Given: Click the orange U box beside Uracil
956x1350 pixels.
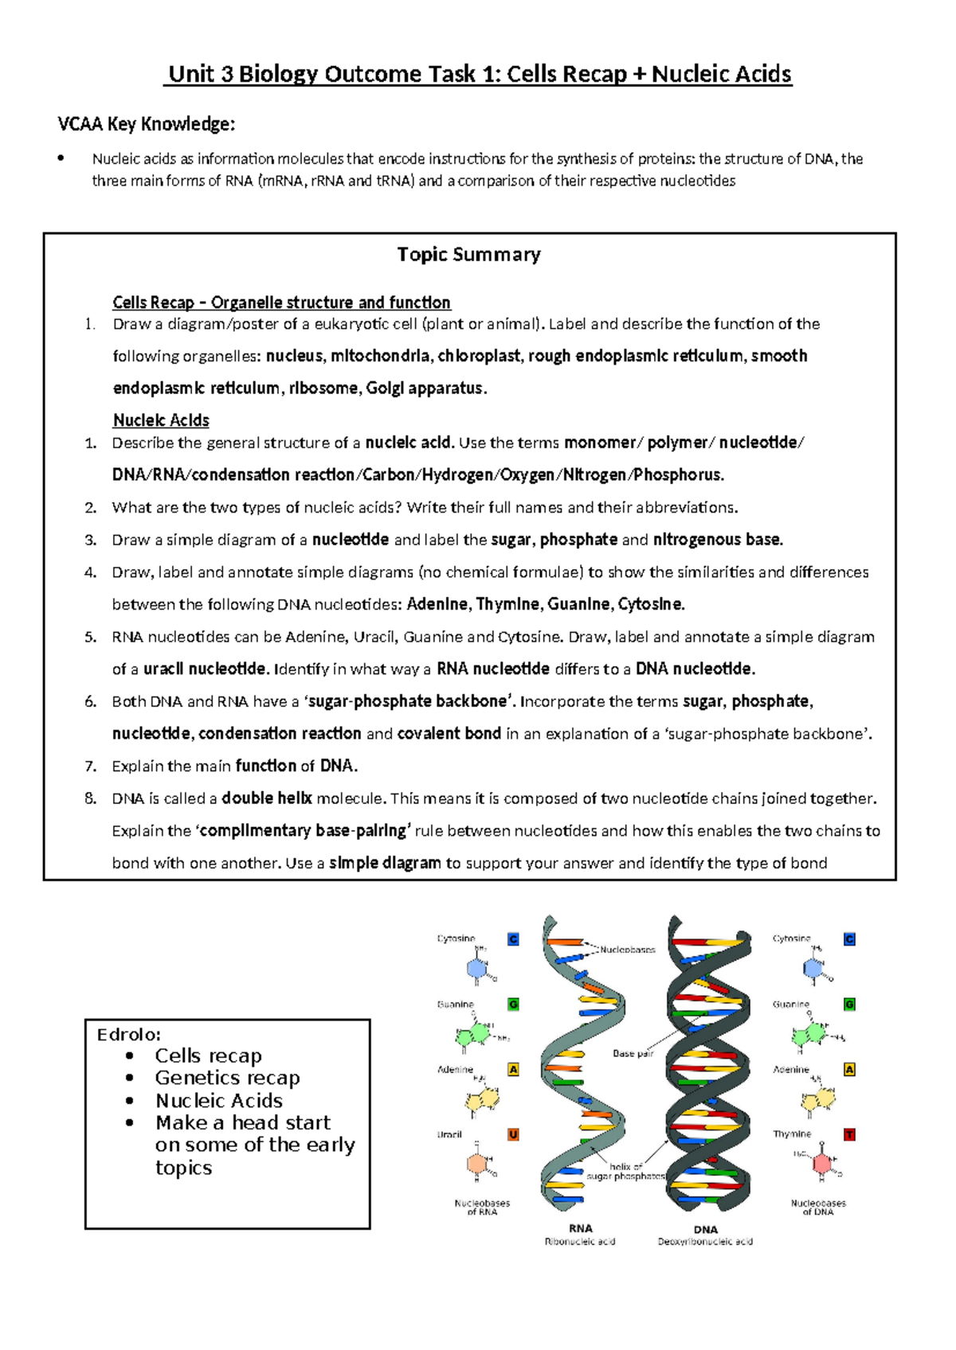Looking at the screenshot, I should tap(513, 1134).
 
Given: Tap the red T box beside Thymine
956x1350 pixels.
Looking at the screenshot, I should tap(849, 1134).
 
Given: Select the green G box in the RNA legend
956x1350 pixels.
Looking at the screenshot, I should tap(513, 1005).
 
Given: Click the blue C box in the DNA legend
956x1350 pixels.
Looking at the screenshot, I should tap(849, 939).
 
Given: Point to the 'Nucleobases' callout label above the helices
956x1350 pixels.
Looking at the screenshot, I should tap(628, 950).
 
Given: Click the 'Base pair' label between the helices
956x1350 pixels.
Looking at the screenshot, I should tap(633, 1053).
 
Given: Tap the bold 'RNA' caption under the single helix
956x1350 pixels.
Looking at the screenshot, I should tap(581, 1228).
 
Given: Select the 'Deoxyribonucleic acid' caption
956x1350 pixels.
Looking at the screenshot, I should tap(705, 1242).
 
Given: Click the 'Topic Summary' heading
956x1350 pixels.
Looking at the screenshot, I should tap(468, 255).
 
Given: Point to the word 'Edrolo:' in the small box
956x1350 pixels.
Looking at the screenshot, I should tap(128, 1035).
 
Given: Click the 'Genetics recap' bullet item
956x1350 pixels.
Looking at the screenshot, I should tap(227, 1078).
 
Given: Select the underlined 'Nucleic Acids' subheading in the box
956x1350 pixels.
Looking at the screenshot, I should tap(161, 420).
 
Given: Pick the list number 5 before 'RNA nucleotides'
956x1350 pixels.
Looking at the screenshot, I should tap(91, 637).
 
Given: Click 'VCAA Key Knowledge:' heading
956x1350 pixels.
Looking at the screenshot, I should tap(147, 124).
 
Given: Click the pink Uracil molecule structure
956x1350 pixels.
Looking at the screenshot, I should tap(477, 1163).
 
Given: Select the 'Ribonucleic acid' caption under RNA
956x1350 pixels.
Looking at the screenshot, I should tap(580, 1242).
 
